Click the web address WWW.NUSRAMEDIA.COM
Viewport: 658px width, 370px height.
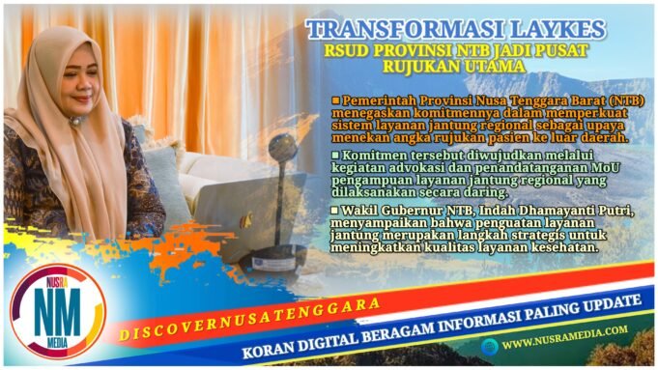coord(564,341)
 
